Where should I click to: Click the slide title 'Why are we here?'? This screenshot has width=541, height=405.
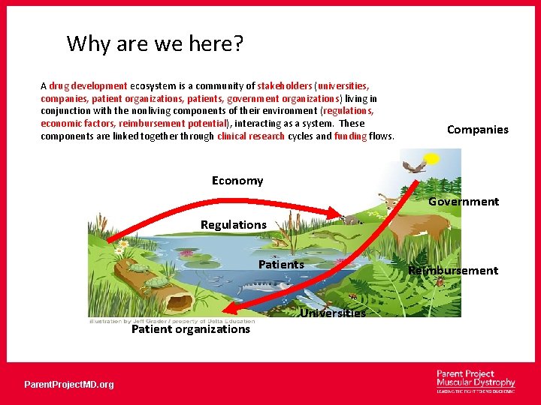[x=155, y=43]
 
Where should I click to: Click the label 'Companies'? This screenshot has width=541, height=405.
[x=477, y=130]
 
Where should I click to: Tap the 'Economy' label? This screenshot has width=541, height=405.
[x=237, y=181]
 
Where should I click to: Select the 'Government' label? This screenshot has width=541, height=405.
[x=463, y=202]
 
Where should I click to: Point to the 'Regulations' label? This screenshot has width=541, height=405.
[x=233, y=225]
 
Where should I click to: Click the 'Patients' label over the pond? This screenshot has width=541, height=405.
[x=281, y=265]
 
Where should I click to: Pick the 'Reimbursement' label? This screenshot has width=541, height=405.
[x=452, y=271]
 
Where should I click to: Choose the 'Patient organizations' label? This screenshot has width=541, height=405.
[x=191, y=329]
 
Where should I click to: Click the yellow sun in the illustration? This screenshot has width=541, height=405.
[x=431, y=158]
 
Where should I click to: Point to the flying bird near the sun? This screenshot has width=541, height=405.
[x=412, y=166]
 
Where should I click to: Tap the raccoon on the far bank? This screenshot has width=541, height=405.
[x=348, y=220]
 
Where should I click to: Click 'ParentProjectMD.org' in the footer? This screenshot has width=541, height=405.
[x=69, y=385]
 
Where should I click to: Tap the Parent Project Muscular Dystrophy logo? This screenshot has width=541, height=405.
[x=476, y=382]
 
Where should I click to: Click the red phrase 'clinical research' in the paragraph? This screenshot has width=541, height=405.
[x=251, y=136]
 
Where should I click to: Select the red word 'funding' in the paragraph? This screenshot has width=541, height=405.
[x=350, y=136]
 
